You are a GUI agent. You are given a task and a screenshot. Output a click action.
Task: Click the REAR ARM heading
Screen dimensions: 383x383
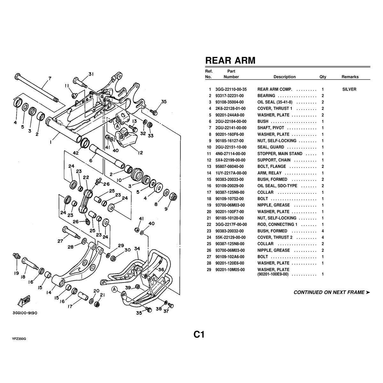[x=230, y=61]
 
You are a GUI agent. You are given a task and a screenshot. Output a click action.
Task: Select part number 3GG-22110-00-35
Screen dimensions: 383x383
[x=231, y=89]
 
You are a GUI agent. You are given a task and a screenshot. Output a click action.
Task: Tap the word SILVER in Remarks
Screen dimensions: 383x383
[x=349, y=89]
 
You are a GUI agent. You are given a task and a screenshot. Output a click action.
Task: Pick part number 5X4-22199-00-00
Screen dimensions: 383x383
[x=231, y=160]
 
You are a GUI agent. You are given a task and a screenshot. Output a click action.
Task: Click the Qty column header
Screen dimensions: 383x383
[x=323, y=77]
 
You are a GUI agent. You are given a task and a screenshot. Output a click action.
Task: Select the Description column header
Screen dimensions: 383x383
[x=284, y=77]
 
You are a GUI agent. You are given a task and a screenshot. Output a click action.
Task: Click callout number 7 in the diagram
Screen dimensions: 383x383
[x=49, y=79]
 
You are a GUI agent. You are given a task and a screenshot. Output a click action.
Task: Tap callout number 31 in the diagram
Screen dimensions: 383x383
[x=91, y=74]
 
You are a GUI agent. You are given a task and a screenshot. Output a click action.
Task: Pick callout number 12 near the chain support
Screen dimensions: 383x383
[x=140, y=153]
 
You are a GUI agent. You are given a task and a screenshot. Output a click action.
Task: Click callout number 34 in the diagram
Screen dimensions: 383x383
[x=137, y=249]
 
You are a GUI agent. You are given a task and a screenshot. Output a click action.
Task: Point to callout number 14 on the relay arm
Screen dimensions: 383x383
[x=49, y=291]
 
